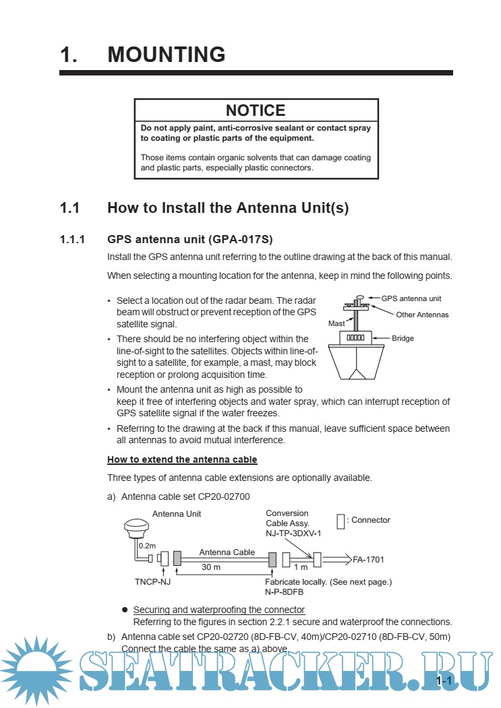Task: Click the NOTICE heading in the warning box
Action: (x=256, y=110)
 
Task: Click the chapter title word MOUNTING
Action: (x=167, y=55)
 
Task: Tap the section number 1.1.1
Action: (x=73, y=239)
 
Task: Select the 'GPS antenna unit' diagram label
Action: (x=411, y=298)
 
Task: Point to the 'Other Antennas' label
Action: (x=422, y=315)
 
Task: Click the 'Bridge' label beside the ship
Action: (x=403, y=338)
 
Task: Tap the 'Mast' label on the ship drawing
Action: (x=336, y=324)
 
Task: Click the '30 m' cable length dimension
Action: (x=211, y=567)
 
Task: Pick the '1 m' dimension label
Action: (x=301, y=567)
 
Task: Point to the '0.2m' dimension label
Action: (x=147, y=545)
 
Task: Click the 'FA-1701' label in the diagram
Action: (x=368, y=559)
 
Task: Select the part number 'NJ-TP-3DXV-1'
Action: (x=293, y=533)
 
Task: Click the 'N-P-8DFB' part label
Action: (x=284, y=591)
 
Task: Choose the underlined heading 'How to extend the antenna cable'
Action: (x=182, y=460)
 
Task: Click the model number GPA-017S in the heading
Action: (x=240, y=239)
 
